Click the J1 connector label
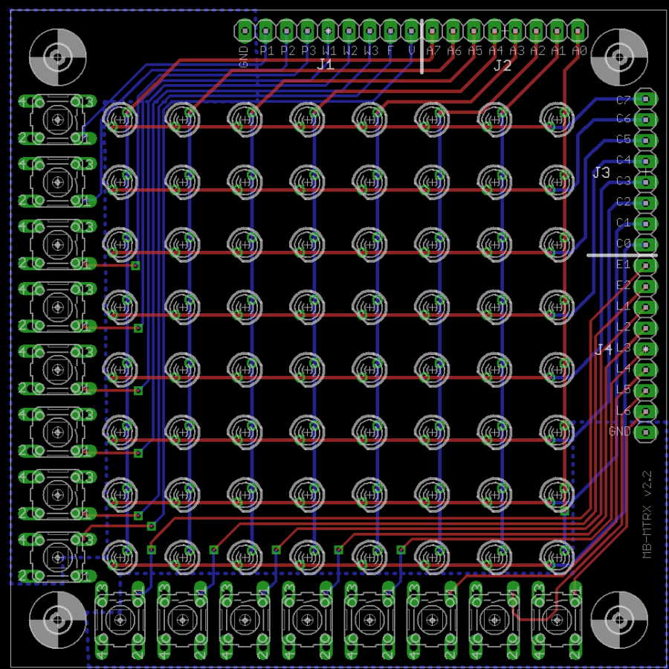pyautogui.click(x=326, y=65)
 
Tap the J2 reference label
pyautogui.click(x=502, y=65)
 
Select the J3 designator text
pyautogui.click(x=601, y=173)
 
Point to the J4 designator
pyautogui.click(x=604, y=348)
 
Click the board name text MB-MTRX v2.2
pyautogui.click(x=647, y=513)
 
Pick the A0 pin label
pyautogui.click(x=580, y=51)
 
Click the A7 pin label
pyautogui.click(x=434, y=51)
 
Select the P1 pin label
pyautogui.click(x=268, y=51)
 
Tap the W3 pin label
pyautogui.click(x=372, y=51)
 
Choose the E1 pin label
pyautogui.click(x=624, y=264)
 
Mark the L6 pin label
pyautogui.click(x=624, y=411)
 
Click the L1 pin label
pyautogui.click(x=624, y=306)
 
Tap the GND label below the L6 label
pyautogui.click(x=619, y=432)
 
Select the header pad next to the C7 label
pyautogui.click(x=647, y=98)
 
